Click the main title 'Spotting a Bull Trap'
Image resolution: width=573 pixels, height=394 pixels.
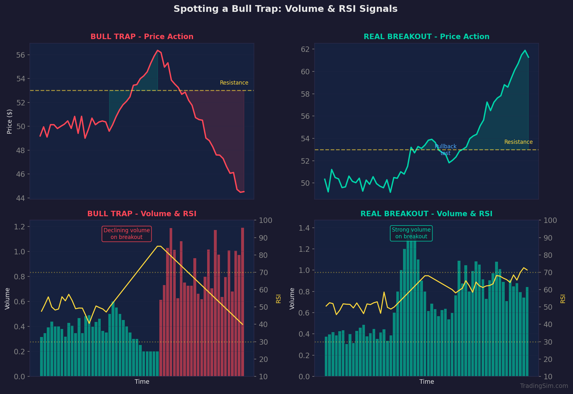(285, 9)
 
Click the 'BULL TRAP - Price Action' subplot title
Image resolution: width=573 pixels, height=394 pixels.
(142, 37)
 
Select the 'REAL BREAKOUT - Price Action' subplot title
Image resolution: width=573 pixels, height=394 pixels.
(426, 37)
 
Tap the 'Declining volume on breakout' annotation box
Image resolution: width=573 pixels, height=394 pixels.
(127, 234)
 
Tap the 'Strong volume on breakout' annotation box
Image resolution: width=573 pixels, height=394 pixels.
(411, 234)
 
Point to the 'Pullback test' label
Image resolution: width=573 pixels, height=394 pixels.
(445, 150)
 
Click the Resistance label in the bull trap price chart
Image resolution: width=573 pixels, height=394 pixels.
(234, 83)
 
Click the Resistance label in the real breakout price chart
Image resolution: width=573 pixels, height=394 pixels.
(518, 142)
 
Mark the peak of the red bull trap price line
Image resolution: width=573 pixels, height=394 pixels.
(157, 50)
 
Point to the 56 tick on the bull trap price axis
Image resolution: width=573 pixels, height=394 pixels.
(21, 55)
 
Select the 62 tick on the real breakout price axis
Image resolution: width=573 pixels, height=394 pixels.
(305, 49)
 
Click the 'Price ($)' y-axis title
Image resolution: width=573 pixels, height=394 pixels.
(10, 121)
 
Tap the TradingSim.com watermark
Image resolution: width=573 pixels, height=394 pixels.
(544, 386)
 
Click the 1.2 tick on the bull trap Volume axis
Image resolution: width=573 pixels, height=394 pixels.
(20, 227)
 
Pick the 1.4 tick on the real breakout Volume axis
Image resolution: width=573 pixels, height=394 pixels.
(304, 228)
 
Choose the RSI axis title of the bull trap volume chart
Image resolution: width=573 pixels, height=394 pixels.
(278, 299)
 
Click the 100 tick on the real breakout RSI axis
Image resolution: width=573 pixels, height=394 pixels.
(550, 220)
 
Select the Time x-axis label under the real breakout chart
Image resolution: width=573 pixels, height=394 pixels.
(426, 382)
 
